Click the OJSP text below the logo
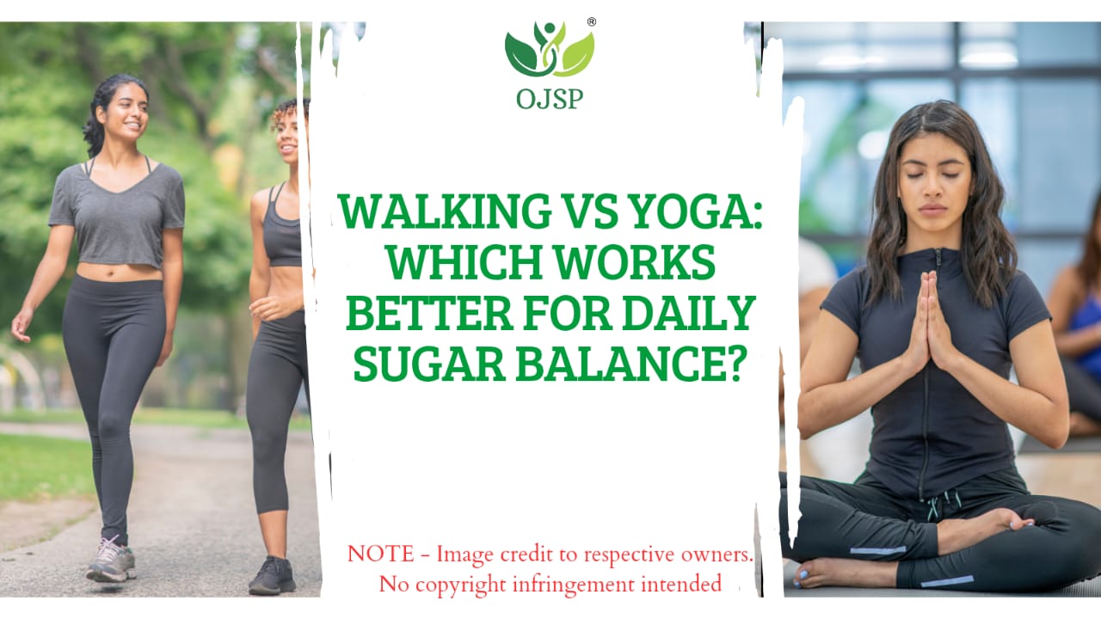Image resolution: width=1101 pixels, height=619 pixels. (x=550, y=99)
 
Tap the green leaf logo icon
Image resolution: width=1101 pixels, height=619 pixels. (x=550, y=50)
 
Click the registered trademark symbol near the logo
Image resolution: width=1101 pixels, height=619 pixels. (x=592, y=21)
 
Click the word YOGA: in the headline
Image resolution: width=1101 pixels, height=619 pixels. (x=694, y=211)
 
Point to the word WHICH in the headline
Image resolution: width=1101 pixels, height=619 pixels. (x=464, y=262)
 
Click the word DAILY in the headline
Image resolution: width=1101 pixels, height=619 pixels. (x=689, y=313)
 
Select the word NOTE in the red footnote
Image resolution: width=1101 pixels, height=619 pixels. (x=381, y=555)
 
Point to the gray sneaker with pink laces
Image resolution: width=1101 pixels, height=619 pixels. (x=111, y=559)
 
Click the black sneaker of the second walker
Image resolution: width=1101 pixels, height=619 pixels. (x=272, y=576)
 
